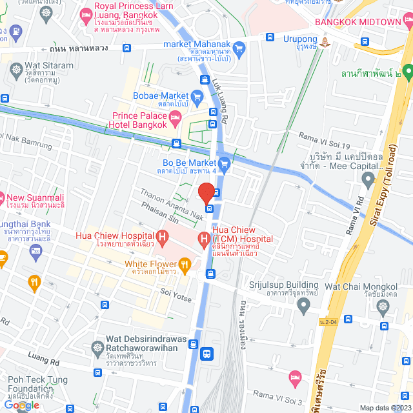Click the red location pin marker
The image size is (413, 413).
click(x=206, y=193)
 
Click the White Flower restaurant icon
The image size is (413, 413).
click(x=185, y=263)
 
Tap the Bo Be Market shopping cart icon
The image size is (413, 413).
click(x=224, y=164)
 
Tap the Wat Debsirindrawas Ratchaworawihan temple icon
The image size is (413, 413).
click(x=97, y=347)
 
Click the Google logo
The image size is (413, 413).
click(x=21, y=405)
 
